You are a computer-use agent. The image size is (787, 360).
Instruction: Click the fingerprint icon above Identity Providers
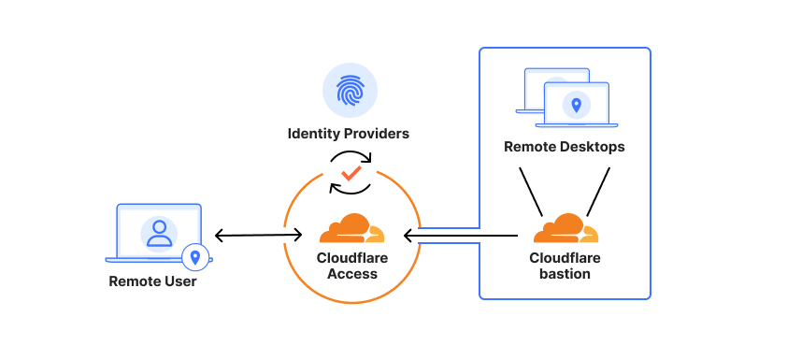coord(349,90)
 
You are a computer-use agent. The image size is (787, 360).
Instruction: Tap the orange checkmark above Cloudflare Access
coord(351,173)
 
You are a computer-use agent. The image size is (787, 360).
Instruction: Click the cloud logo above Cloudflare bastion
coord(565,229)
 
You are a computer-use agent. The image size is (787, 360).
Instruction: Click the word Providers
coord(375,134)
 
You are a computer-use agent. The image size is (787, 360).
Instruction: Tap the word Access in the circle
coord(351,274)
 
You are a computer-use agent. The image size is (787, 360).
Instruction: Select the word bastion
coord(565,274)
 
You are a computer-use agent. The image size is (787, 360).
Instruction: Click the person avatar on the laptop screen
coord(159,232)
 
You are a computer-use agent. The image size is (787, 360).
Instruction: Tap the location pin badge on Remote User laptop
coord(195,255)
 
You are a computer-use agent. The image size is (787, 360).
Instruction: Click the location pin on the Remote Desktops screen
coord(576,105)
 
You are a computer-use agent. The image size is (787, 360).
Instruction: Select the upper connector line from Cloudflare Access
coord(449,227)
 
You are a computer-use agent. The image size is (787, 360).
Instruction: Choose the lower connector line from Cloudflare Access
coord(449,243)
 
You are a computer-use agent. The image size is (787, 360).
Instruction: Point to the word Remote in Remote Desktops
coord(528,147)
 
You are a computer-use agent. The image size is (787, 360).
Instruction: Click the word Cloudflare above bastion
coord(565,258)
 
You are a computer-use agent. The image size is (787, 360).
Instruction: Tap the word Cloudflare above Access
coord(351,258)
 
